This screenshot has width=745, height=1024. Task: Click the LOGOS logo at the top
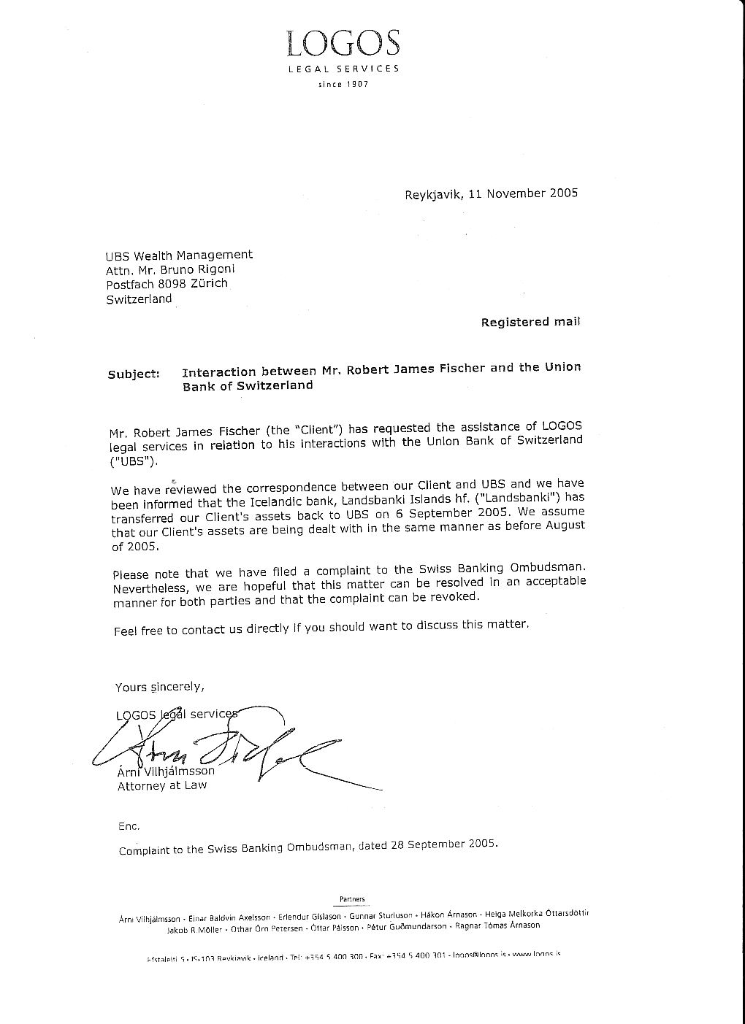343,44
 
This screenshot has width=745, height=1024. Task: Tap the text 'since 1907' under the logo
343,84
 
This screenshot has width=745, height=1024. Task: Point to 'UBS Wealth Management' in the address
179,255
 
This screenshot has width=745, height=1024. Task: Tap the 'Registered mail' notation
530,322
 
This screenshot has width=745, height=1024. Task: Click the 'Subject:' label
134,374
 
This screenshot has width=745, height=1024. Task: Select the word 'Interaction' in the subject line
218,372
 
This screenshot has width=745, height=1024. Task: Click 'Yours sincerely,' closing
159,687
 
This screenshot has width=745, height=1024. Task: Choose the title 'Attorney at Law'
162,785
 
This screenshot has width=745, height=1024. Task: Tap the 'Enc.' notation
129,826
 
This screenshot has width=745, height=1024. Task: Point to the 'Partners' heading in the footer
352,899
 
